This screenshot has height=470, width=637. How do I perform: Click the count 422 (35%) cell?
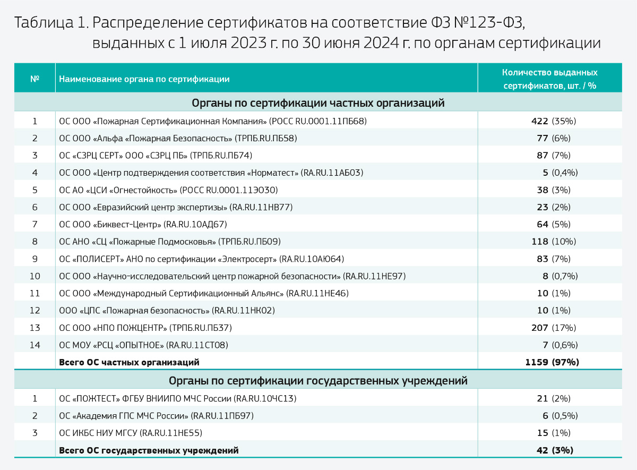[554, 121]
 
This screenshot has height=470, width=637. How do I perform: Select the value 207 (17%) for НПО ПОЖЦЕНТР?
[554, 328]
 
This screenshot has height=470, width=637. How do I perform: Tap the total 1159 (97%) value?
[552, 362]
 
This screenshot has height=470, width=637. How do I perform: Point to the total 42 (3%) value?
[555, 450]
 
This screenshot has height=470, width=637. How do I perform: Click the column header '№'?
[35, 79]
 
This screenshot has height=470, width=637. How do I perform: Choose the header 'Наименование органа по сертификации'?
[144, 79]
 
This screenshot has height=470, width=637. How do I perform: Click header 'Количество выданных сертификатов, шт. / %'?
[549, 79]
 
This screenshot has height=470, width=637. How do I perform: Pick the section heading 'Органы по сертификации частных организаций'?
[318, 102]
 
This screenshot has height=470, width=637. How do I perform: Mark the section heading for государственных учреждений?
[318, 381]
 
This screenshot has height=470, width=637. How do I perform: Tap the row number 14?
[35, 345]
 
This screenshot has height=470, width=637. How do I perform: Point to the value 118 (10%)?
[554, 242]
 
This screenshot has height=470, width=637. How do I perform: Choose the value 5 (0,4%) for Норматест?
[560, 173]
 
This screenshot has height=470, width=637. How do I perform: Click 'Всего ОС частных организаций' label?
[129, 363]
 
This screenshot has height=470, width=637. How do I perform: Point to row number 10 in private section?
[35, 276]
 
